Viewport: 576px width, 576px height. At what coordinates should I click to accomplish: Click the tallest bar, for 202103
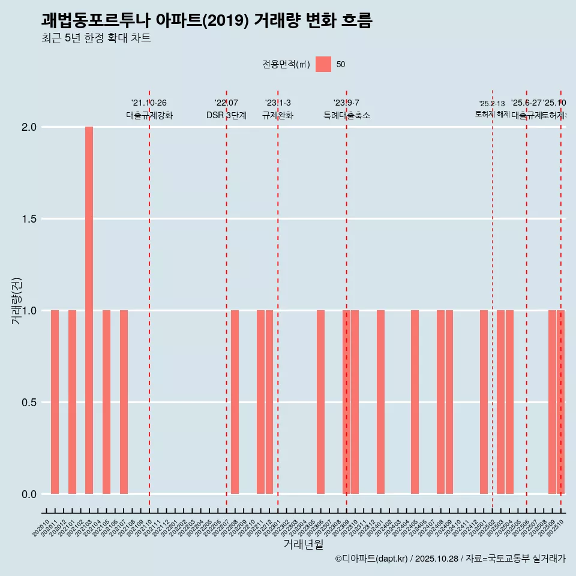point(89,310)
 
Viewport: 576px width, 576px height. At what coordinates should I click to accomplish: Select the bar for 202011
point(55,402)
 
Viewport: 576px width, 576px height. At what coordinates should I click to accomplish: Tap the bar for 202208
point(235,402)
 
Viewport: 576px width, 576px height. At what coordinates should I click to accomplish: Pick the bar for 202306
point(320,402)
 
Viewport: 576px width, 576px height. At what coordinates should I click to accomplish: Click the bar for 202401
point(380,402)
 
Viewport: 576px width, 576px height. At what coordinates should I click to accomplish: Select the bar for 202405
point(415,402)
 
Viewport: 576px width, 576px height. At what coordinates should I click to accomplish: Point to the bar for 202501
point(484,402)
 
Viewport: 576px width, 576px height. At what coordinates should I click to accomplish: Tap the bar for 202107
point(124,402)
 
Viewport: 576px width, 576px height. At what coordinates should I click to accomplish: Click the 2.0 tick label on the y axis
point(29,127)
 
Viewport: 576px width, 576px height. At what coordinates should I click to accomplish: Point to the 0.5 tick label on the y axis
point(29,403)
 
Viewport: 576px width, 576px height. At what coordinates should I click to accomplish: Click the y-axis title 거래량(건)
point(17,301)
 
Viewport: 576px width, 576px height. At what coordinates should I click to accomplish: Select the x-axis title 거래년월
point(303,545)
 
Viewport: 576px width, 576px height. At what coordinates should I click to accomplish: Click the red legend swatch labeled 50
point(323,64)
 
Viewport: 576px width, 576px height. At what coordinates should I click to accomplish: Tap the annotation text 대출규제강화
point(149,115)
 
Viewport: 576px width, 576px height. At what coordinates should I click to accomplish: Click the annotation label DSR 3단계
point(226,115)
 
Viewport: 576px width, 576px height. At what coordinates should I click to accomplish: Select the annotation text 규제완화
point(278,115)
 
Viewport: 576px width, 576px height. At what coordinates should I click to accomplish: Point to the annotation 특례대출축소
point(346,115)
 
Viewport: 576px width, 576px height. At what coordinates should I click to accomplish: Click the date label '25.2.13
point(492,103)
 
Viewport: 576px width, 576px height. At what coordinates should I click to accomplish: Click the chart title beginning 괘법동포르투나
point(207,20)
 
